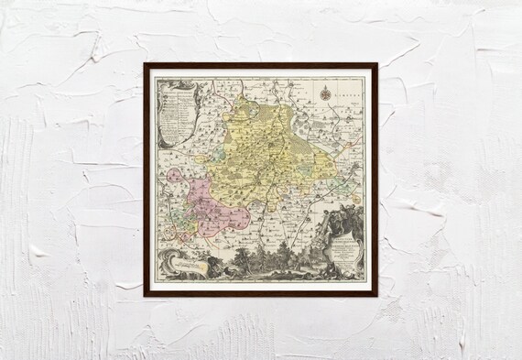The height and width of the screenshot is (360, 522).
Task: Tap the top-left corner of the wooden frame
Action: (145, 64)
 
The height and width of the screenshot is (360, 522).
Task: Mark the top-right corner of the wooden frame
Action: (376, 64)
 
